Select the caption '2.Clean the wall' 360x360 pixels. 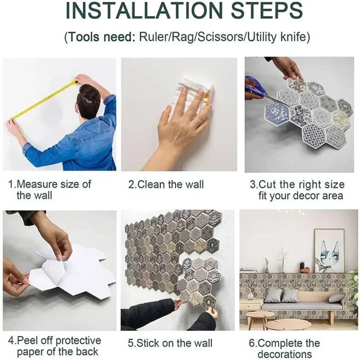point(166,185)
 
